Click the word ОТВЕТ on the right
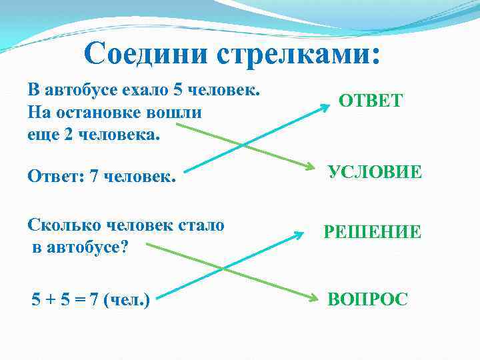click(x=371, y=101)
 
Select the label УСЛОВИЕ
click(x=375, y=172)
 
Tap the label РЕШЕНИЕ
click(x=373, y=232)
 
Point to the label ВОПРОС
click(x=367, y=299)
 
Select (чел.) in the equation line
click(x=126, y=300)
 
